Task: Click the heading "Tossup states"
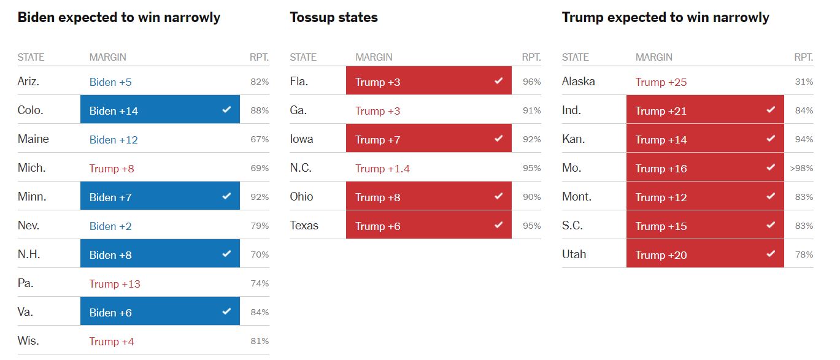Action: click(x=333, y=17)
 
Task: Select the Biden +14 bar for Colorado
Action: click(x=160, y=110)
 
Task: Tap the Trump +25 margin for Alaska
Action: click(x=661, y=82)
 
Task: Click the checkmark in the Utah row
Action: click(x=771, y=253)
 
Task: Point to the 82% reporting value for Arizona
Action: click(x=260, y=82)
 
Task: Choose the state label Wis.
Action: click(x=28, y=341)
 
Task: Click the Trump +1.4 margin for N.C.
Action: click(x=382, y=169)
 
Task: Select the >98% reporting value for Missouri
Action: click(x=801, y=168)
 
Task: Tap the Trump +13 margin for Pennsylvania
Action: click(x=115, y=284)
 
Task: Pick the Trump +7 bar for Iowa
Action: click(x=428, y=139)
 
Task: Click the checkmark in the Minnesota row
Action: click(x=226, y=196)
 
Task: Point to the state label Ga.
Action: click(x=298, y=110)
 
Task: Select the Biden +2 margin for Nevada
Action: click(x=110, y=226)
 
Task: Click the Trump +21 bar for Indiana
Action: click(x=704, y=110)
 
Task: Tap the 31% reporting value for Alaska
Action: click(x=804, y=82)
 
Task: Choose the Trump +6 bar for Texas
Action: click(x=428, y=226)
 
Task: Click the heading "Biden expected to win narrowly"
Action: click(x=118, y=17)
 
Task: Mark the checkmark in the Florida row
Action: click(x=498, y=80)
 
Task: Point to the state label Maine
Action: click(x=33, y=139)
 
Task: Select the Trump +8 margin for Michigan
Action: click(x=112, y=169)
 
